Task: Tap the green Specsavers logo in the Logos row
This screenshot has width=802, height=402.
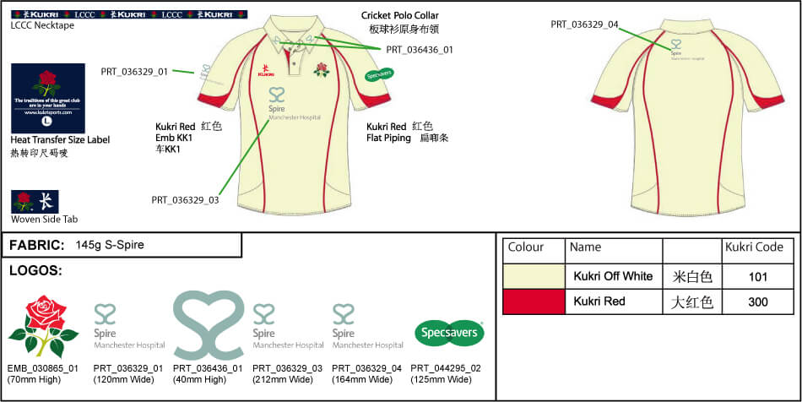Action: (448, 333)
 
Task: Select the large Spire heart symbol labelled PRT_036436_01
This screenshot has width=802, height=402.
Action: (209, 325)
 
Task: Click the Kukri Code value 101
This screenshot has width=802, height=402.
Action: (758, 276)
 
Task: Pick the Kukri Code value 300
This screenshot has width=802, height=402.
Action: (758, 301)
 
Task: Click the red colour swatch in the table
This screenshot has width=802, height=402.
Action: (533, 301)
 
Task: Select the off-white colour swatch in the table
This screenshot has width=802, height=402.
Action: (533, 276)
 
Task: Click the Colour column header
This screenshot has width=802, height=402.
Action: (525, 247)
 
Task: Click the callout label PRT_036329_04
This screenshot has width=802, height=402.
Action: (584, 24)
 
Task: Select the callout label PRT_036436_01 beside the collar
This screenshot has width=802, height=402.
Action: (420, 50)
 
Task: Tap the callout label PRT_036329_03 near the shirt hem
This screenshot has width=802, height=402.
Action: (185, 200)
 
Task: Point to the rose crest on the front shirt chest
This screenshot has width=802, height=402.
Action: (321, 69)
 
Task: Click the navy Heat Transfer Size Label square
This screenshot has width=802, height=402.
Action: (47, 97)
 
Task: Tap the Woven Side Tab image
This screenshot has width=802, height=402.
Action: (35, 201)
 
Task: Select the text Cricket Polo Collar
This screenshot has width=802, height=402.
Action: (400, 15)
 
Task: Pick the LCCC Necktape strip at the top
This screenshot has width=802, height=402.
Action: (127, 14)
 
